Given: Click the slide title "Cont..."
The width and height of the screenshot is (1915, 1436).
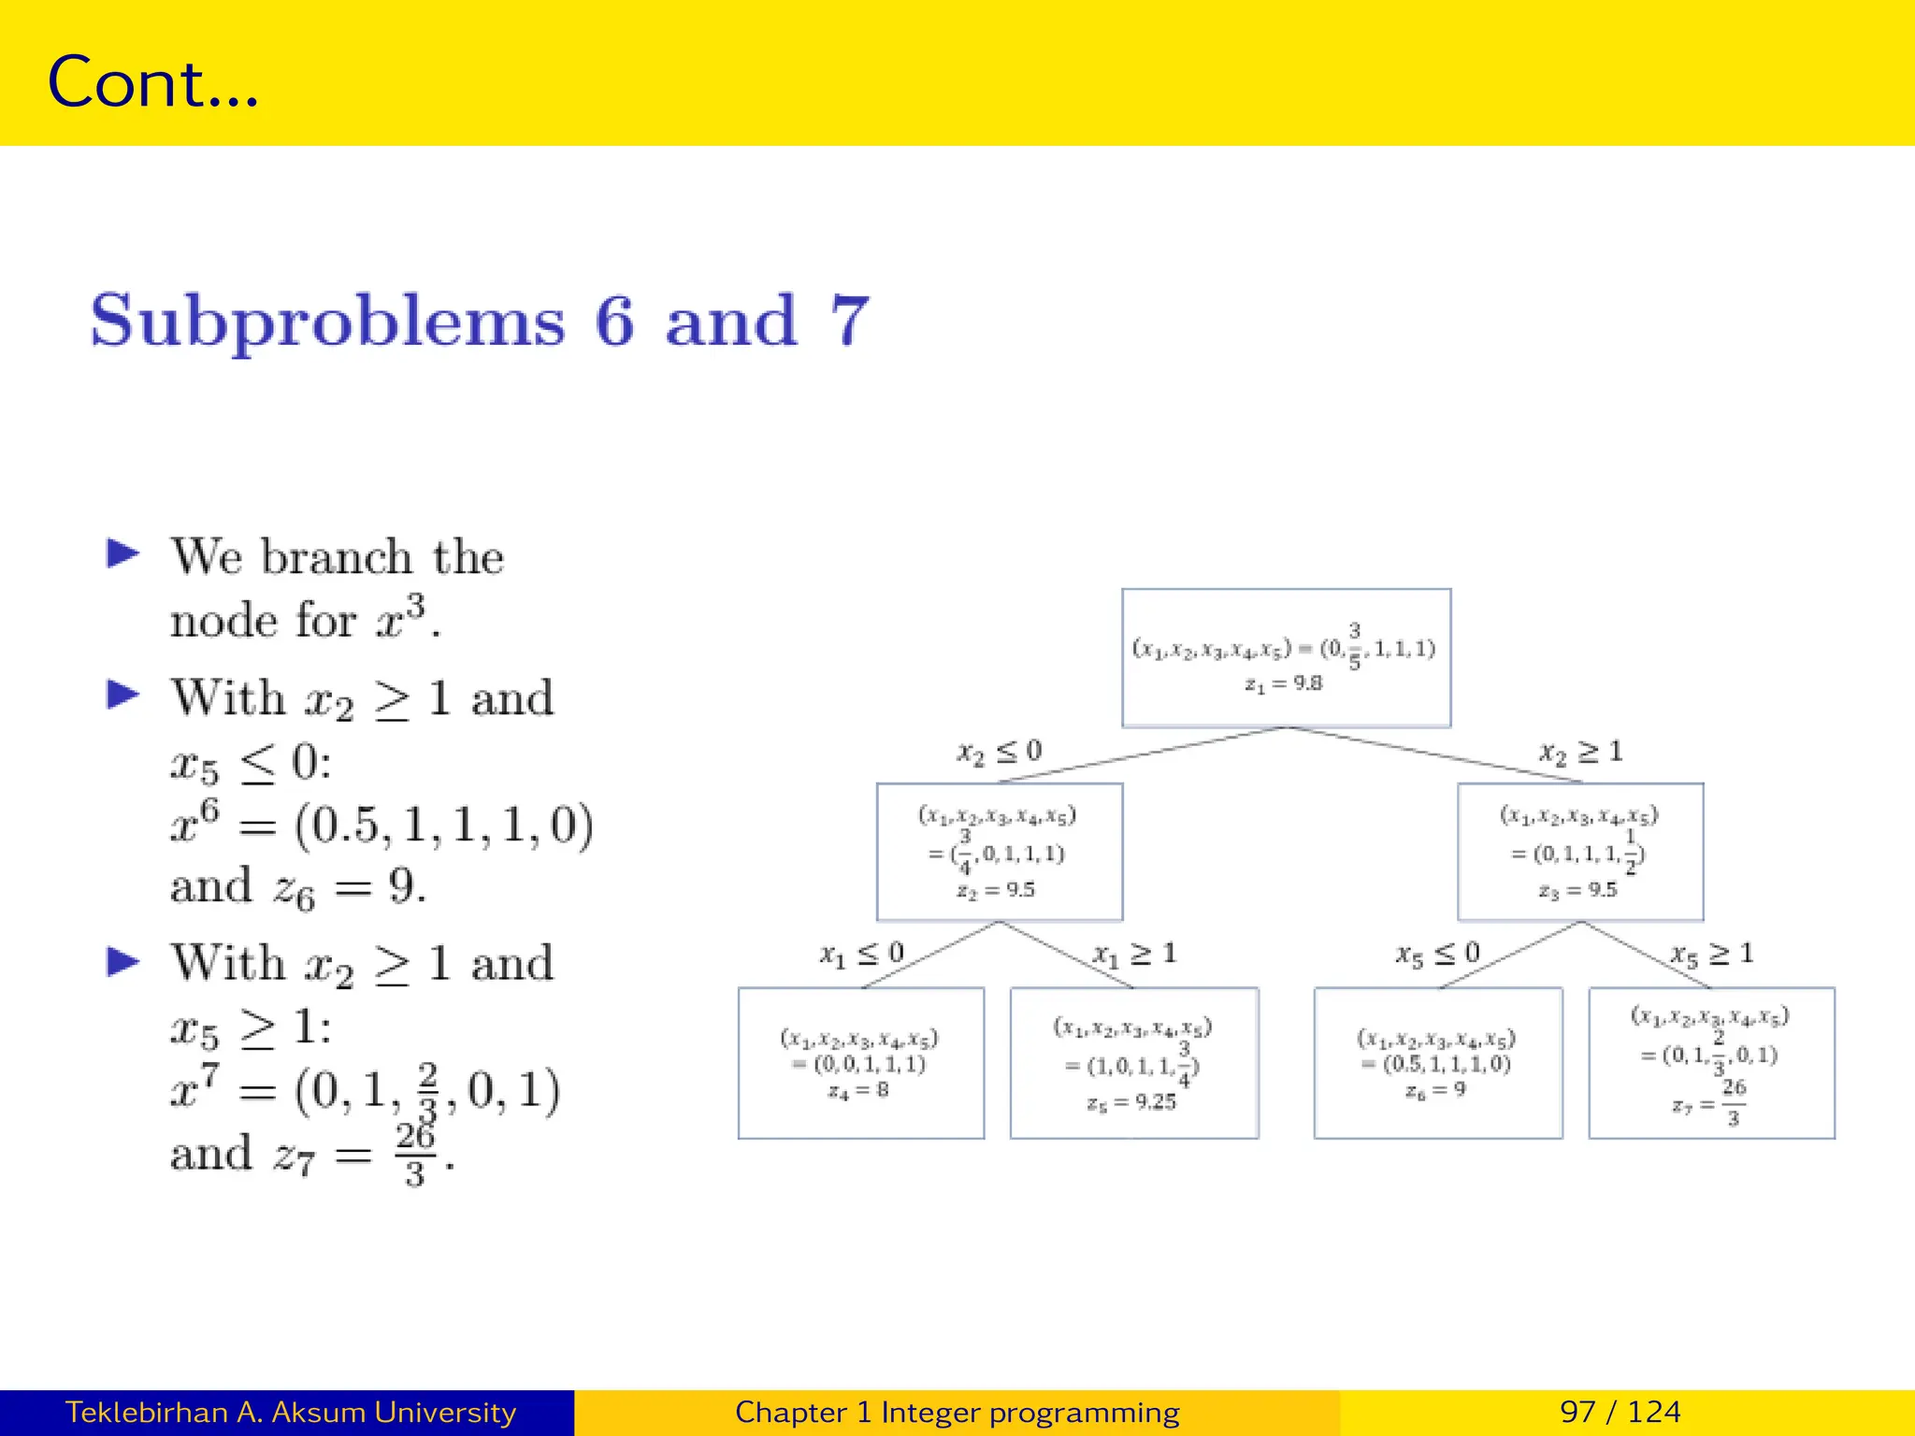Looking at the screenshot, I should (x=152, y=82).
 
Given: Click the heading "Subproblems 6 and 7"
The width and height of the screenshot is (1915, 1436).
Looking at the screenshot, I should (x=480, y=321).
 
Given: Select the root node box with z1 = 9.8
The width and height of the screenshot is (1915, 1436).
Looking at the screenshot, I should (x=1286, y=657).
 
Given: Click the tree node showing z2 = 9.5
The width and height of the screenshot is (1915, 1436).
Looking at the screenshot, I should (x=999, y=852).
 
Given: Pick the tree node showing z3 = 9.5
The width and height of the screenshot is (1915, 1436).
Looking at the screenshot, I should (x=1579, y=852).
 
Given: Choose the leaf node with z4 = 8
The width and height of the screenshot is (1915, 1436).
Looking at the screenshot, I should (x=860, y=1063).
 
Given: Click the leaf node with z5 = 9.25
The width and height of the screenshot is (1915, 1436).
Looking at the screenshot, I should (x=1133, y=1063).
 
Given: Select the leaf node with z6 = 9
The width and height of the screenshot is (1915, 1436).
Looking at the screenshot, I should (x=1437, y=1063).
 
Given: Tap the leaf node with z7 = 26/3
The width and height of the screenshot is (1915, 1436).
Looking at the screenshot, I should (x=1711, y=1063).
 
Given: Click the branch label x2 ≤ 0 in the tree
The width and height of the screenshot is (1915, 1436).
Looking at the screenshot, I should (x=999, y=752).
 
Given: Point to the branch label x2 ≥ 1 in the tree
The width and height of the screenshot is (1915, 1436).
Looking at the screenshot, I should (x=1581, y=752).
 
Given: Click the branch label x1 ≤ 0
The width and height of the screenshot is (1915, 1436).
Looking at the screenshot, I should (x=861, y=954).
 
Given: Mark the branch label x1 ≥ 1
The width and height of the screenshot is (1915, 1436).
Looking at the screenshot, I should (x=1134, y=954).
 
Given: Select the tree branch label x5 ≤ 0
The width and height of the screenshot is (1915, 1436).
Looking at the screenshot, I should (x=1437, y=954).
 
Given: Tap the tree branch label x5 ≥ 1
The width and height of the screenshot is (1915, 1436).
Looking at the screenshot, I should (x=1711, y=954).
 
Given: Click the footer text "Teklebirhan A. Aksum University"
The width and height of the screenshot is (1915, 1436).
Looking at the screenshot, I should (x=291, y=1412).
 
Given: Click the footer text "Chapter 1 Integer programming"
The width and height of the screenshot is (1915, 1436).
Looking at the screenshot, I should (x=957, y=1412).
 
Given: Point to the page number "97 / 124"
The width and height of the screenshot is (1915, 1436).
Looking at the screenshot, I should (x=1620, y=1412).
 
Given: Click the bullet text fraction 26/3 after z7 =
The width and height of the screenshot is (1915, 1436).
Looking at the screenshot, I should (x=414, y=1154).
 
